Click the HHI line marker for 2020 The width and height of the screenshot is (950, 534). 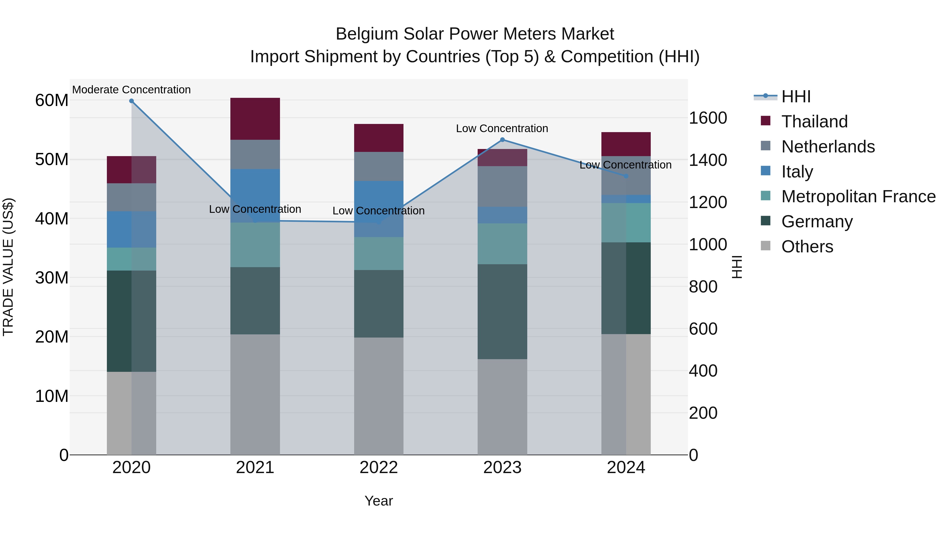[131, 101]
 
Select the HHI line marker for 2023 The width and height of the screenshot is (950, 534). [502, 140]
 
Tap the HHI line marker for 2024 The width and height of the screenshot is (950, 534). [626, 176]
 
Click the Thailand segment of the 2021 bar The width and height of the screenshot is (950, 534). [255, 119]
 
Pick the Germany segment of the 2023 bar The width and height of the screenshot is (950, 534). [502, 311]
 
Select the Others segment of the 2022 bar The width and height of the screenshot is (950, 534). [379, 396]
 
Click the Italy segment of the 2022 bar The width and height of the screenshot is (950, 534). [379, 209]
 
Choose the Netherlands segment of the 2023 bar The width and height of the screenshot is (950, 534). [502, 186]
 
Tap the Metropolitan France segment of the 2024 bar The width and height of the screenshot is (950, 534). [626, 223]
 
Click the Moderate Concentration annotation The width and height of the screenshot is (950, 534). [131, 90]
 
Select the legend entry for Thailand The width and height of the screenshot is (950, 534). [814, 122]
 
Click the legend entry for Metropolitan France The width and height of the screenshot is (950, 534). [858, 196]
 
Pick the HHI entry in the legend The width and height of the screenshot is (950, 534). [796, 97]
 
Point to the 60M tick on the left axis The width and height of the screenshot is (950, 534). [52, 100]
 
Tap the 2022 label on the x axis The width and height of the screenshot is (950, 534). [379, 468]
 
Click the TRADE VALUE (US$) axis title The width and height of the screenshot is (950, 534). [8, 267]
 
